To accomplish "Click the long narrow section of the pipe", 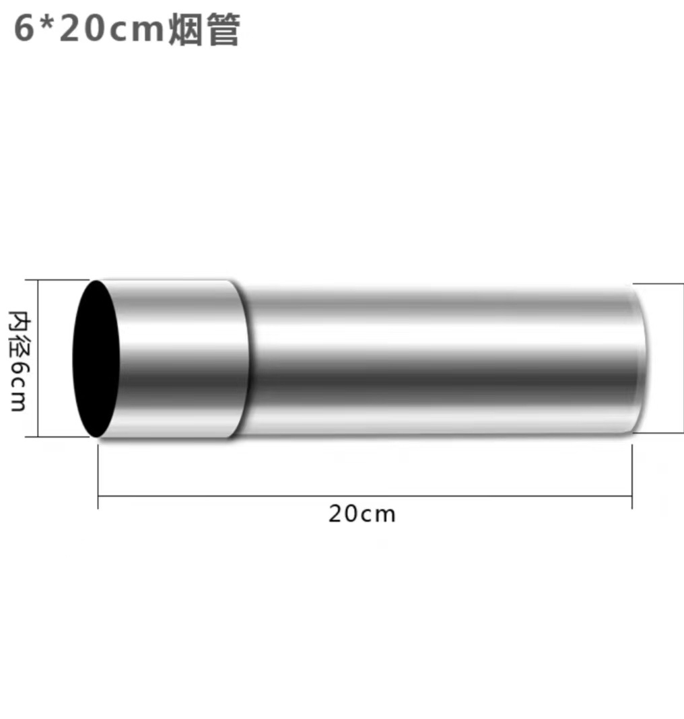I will tap(438, 360).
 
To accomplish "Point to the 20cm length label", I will tap(362, 514).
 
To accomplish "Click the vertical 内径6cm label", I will tap(18, 360).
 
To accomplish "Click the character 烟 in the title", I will tap(185, 31).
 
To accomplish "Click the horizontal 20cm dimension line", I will tap(364, 497).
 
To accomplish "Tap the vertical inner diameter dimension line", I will tap(38, 358).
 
